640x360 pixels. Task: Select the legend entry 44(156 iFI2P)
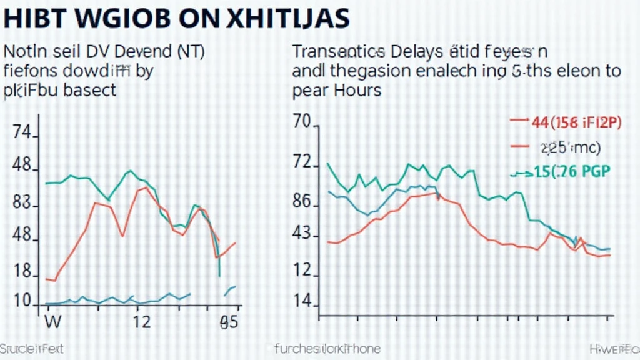(575, 122)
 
